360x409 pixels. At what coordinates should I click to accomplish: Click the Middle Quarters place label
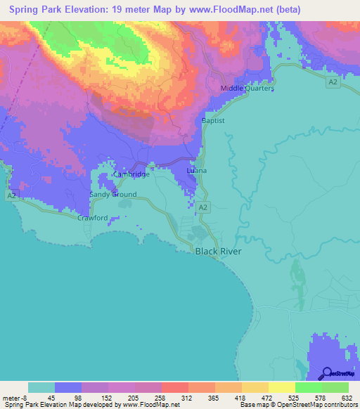(x=247, y=89)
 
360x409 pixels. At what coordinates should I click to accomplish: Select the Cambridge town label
(x=131, y=174)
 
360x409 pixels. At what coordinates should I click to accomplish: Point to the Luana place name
(x=197, y=171)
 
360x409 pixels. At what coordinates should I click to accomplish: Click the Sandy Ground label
(x=112, y=194)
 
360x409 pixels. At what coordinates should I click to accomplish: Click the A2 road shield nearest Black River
(x=202, y=207)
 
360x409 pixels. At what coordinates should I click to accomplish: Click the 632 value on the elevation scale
(x=346, y=398)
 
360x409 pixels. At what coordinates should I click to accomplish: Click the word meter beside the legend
(x=10, y=398)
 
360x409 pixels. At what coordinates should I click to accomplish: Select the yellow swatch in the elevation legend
(x=281, y=387)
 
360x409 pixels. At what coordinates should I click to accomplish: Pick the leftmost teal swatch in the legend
(x=41, y=387)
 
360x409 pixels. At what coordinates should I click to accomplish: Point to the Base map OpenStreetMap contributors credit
(x=295, y=405)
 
